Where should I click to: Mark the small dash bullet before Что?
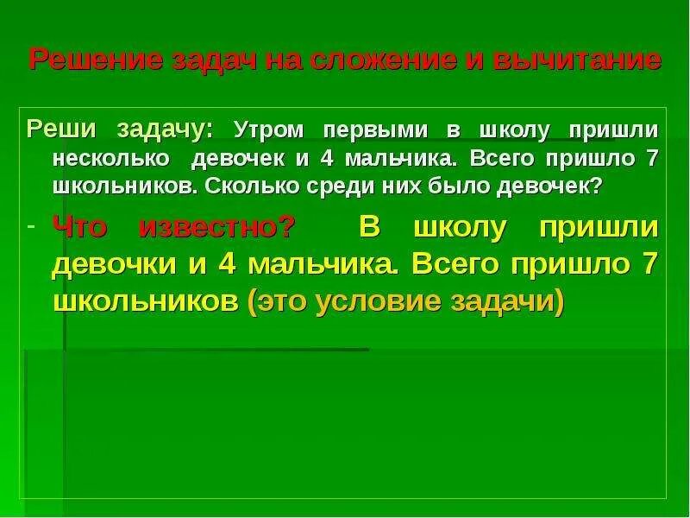point(32,226)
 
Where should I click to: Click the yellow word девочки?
point(111,265)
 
